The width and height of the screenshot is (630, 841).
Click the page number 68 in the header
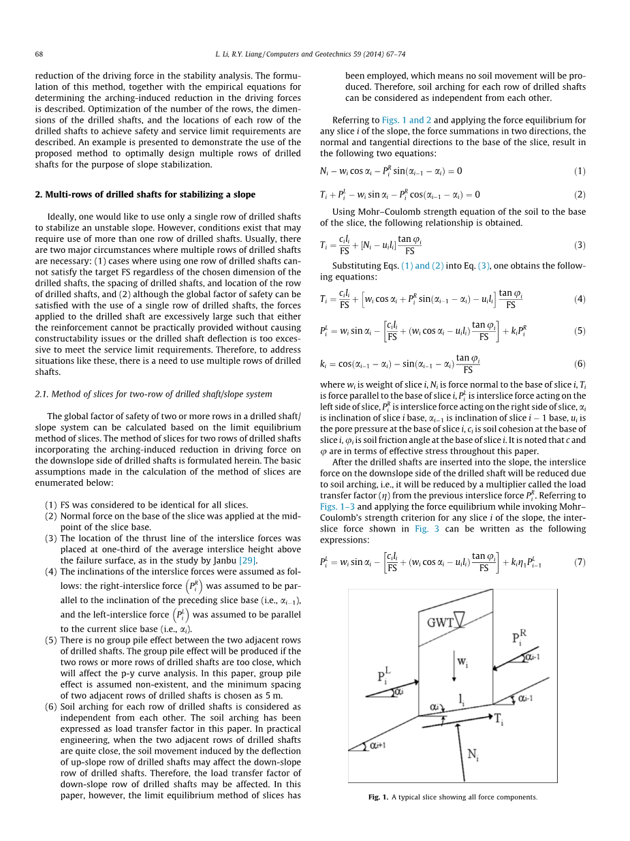coord(39,54)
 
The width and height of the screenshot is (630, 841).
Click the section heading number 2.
coord(38,194)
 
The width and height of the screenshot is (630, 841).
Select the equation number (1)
coord(580,170)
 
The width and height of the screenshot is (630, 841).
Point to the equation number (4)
coord(580,299)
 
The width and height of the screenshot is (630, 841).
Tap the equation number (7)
coord(580,562)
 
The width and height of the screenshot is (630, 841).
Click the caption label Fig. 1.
coord(377,797)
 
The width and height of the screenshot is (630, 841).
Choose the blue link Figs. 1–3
coord(338,507)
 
